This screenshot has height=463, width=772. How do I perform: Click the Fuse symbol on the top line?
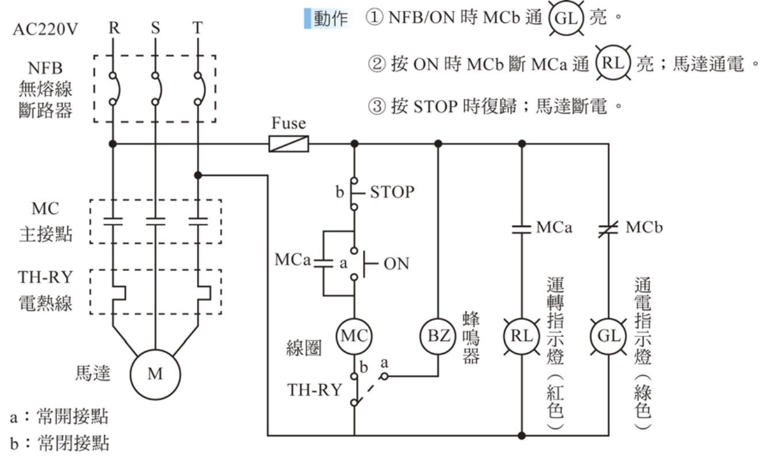click(289, 143)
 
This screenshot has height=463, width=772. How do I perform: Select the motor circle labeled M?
click(155, 373)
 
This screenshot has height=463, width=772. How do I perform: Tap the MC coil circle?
click(354, 335)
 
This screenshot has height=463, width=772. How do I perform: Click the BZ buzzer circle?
click(439, 335)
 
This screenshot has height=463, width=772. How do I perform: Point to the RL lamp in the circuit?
click(521, 335)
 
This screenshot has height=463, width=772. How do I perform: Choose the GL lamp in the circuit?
click(609, 335)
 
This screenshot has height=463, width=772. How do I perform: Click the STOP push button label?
click(392, 192)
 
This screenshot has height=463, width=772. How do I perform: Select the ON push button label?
click(396, 264)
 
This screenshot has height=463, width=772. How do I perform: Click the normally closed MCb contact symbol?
click(609, 228)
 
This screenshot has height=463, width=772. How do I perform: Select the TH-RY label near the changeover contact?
click(314, 389)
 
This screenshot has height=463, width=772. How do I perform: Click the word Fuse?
click(289, 124)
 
